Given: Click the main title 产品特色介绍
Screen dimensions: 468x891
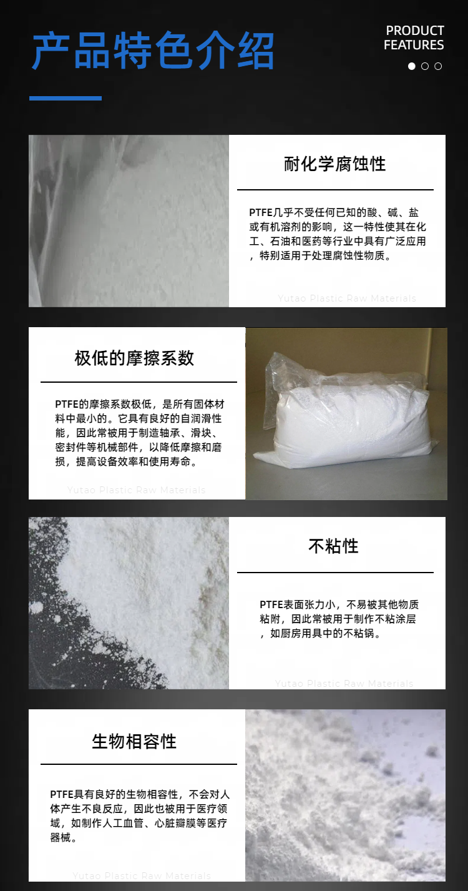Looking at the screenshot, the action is click(154, 51).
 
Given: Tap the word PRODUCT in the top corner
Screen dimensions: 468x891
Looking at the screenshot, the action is click(415, 31).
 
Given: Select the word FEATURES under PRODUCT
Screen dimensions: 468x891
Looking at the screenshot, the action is click(414, 45).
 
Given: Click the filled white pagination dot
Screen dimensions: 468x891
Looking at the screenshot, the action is click(412, 66).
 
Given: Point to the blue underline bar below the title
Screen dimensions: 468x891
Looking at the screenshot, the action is click(66, 98).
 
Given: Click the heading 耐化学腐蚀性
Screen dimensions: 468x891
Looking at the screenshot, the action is click(335, 164).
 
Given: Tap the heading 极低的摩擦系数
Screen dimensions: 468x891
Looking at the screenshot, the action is click(134, 358).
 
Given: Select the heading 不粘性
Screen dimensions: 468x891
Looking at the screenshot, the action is click(334, 546).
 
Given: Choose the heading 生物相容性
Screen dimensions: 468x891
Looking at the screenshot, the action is click(134, 741).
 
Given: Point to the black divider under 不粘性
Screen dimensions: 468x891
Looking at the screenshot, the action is click(335, 573).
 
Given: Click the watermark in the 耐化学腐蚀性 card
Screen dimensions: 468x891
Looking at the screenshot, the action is click(347, 298).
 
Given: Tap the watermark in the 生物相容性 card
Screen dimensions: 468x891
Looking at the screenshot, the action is click(142, 875).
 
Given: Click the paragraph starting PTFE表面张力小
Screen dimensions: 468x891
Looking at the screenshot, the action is click(339, 619).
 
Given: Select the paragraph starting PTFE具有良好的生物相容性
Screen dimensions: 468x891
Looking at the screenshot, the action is click(140, 816).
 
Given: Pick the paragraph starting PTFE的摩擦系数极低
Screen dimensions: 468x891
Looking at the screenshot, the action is click(140, 433).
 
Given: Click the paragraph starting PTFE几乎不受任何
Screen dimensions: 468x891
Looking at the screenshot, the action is click(338, 234).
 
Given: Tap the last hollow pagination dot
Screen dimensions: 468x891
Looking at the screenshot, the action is click(438, 66).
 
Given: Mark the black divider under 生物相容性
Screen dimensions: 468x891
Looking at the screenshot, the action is click(139, 764).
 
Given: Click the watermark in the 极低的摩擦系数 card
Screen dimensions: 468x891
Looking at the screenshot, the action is click(137, 490).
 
